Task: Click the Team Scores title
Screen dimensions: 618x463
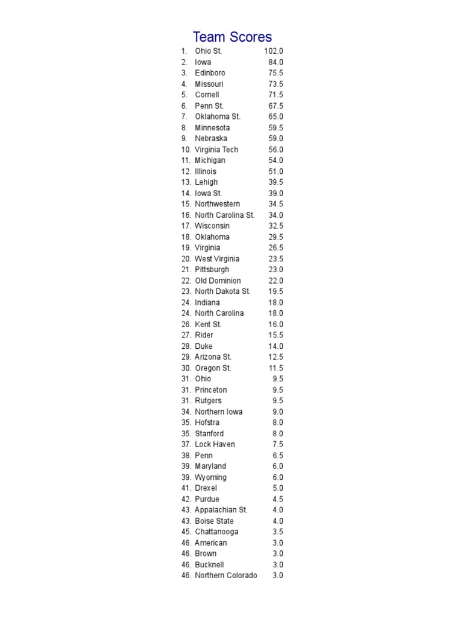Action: coord(232,37)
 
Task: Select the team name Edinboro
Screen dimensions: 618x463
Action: coord(210,73)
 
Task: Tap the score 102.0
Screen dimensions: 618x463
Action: coord(274,51)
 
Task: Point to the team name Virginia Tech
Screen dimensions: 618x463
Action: coord(216,150)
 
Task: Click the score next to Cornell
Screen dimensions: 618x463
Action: coord(276,95)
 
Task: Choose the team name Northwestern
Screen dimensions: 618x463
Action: coord(217,204)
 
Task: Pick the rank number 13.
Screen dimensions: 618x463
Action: coord(186,182)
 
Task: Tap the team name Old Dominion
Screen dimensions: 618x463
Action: coord(218,281)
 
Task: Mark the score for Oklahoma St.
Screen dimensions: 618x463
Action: coord(276,116)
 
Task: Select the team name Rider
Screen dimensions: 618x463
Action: coord(204,335)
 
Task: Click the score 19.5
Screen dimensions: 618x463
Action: coord(276,291)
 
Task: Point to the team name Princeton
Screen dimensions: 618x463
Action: coord(211,390)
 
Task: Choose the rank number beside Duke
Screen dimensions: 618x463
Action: coord(186,346)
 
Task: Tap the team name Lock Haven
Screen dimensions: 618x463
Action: coord(215,444)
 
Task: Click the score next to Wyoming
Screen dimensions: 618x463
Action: coord(277,477)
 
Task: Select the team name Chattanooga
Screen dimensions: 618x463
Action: coord(216,532)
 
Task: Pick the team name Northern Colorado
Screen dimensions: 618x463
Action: coord(225,576)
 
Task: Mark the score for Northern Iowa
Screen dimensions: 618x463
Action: coord(277,412)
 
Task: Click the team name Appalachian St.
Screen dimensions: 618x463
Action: coord(221,510)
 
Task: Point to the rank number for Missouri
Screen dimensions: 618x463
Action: coord(184,84)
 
